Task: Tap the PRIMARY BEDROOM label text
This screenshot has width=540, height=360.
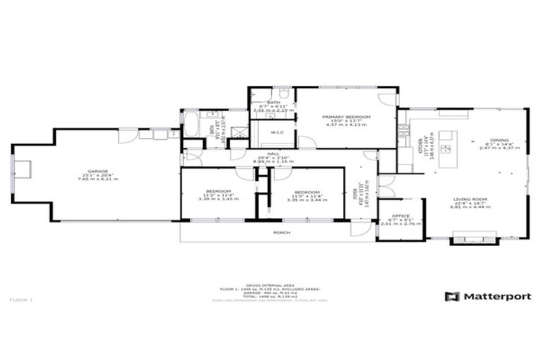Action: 346,117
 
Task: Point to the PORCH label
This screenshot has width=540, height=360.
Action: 282,231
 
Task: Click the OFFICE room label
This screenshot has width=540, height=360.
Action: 401,216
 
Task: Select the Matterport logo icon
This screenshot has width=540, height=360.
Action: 452,297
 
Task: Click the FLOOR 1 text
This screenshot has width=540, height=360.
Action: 21,300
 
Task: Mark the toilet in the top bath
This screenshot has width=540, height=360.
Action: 284,93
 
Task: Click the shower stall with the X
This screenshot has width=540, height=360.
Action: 240,131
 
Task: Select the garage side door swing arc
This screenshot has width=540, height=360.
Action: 128,136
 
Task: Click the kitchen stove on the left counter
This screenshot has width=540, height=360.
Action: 404,131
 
